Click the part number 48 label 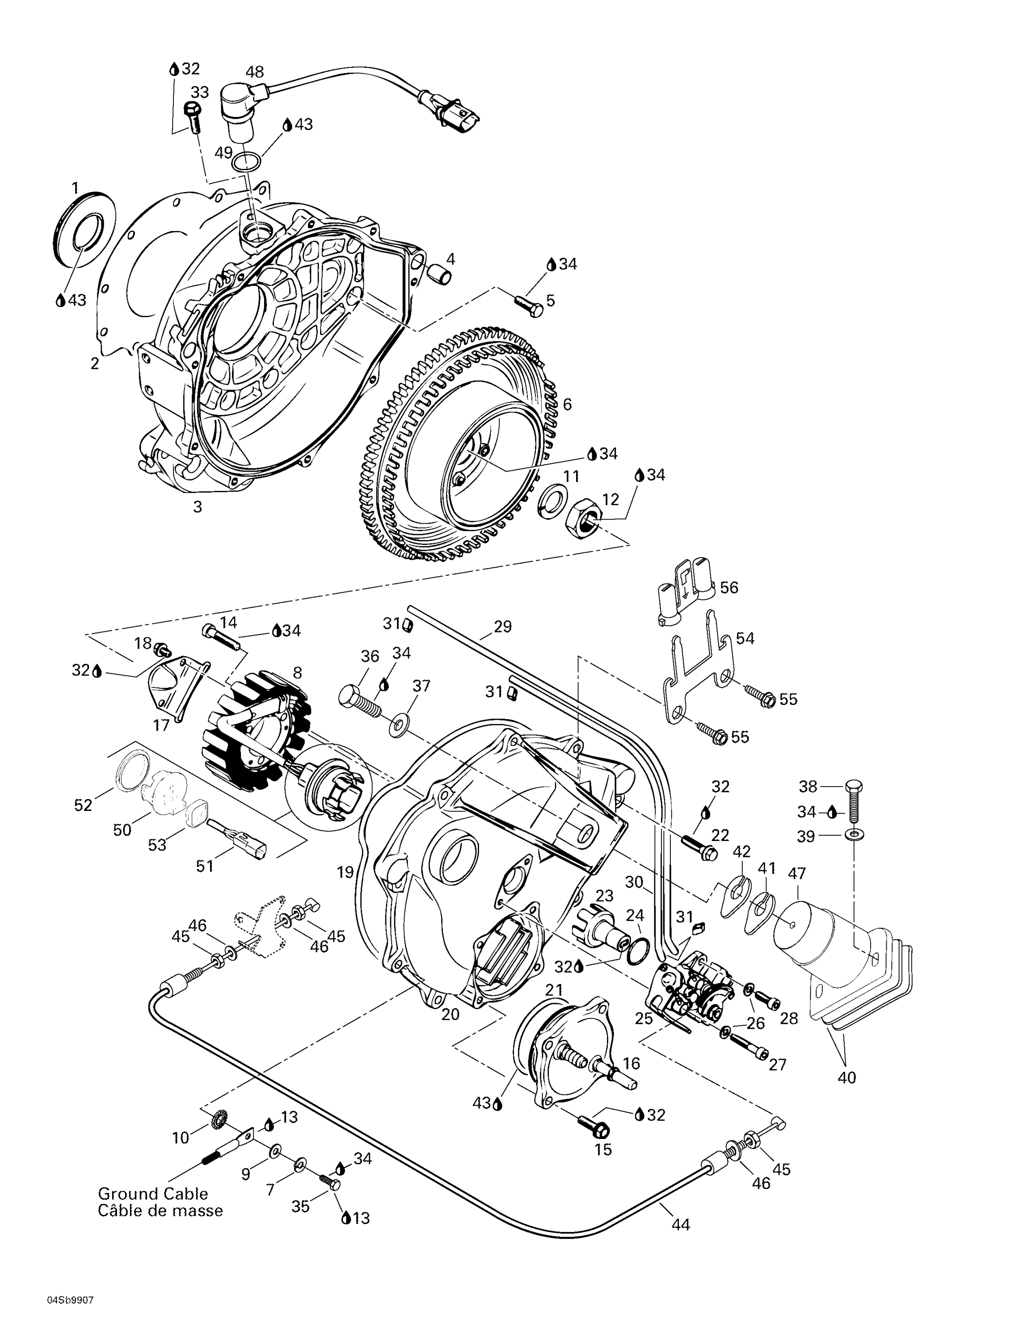255,72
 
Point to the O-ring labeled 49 247,162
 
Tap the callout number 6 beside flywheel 567,404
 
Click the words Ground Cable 153,1193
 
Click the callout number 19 345,872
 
